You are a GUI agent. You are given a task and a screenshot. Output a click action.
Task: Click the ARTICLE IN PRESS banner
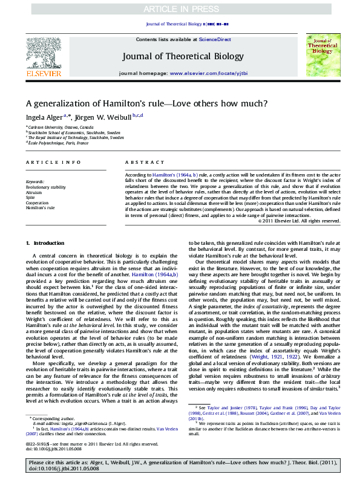(x=180, y=10)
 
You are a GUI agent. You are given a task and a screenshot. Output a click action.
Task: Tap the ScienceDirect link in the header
(x=215, y=39)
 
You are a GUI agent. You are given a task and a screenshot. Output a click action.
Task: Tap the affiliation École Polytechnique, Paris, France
(x=59, y=143)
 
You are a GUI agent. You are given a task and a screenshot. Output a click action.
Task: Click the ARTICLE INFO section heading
(x=53, y=163)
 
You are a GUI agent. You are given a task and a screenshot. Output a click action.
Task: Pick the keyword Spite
(x=31, y=198)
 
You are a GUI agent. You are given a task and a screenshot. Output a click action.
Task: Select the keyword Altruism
(x=34, y=192)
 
